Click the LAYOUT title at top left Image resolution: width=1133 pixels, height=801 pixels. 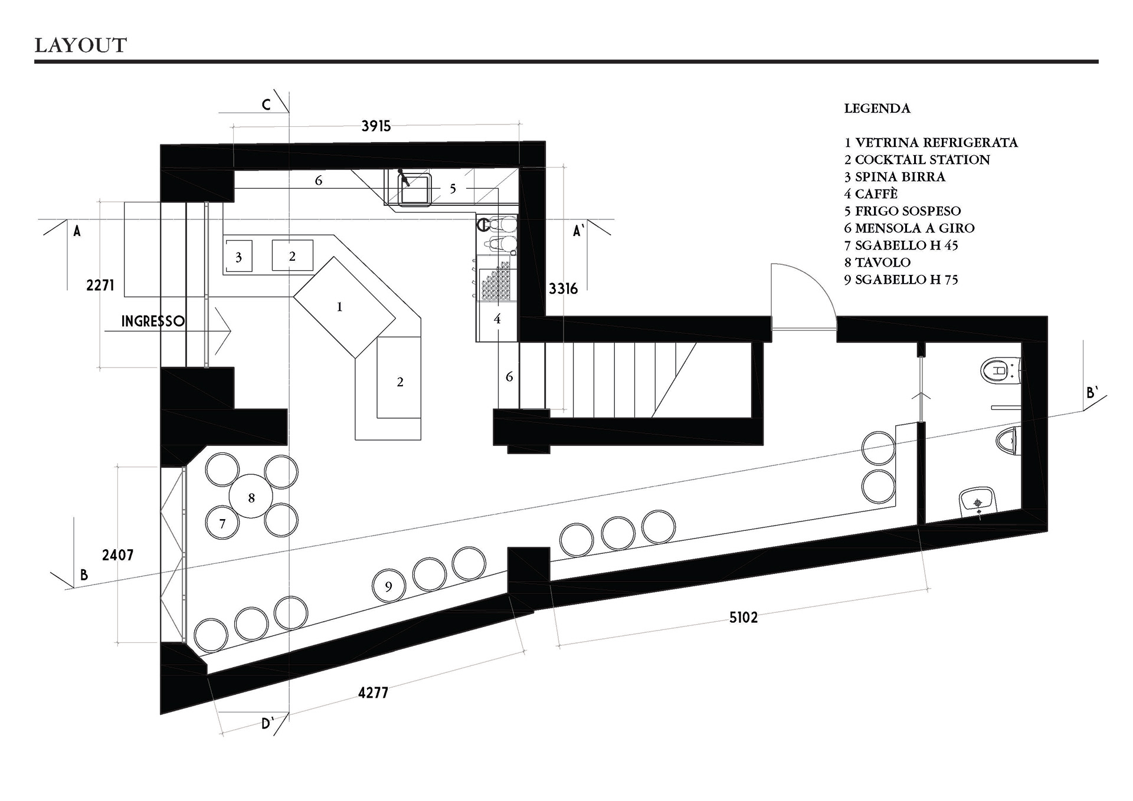(x=81, y=45)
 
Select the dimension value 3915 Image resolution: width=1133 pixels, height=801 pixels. (x=376, y=126)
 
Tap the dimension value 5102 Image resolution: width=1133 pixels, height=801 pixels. (x=743, y=618)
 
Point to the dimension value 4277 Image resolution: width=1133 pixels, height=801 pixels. (x=373, y=692)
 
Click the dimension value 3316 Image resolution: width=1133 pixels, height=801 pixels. (x=563, y=288)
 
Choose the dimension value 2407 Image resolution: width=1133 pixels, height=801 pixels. (x=117, y=555)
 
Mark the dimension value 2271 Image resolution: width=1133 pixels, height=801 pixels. (x=100, y=285)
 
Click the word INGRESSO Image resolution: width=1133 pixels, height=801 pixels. (x=153, y=321)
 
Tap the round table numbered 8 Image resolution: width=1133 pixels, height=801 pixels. (x=251, y=496)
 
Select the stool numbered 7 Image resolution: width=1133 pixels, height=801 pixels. (x=222, y=523)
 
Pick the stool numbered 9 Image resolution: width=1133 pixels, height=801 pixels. (x=389, y=586)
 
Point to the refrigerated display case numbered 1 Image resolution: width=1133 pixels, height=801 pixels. (x=345, y=307)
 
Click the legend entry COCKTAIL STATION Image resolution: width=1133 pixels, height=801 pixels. (x=917, y=160)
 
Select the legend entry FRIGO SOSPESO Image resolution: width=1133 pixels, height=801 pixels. (x=902, y=211)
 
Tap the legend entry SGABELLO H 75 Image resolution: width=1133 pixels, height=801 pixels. (x=901, y=280)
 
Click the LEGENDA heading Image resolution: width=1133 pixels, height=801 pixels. (x=877, y=109)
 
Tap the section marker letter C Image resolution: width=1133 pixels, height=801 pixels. (x=266, y=104)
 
